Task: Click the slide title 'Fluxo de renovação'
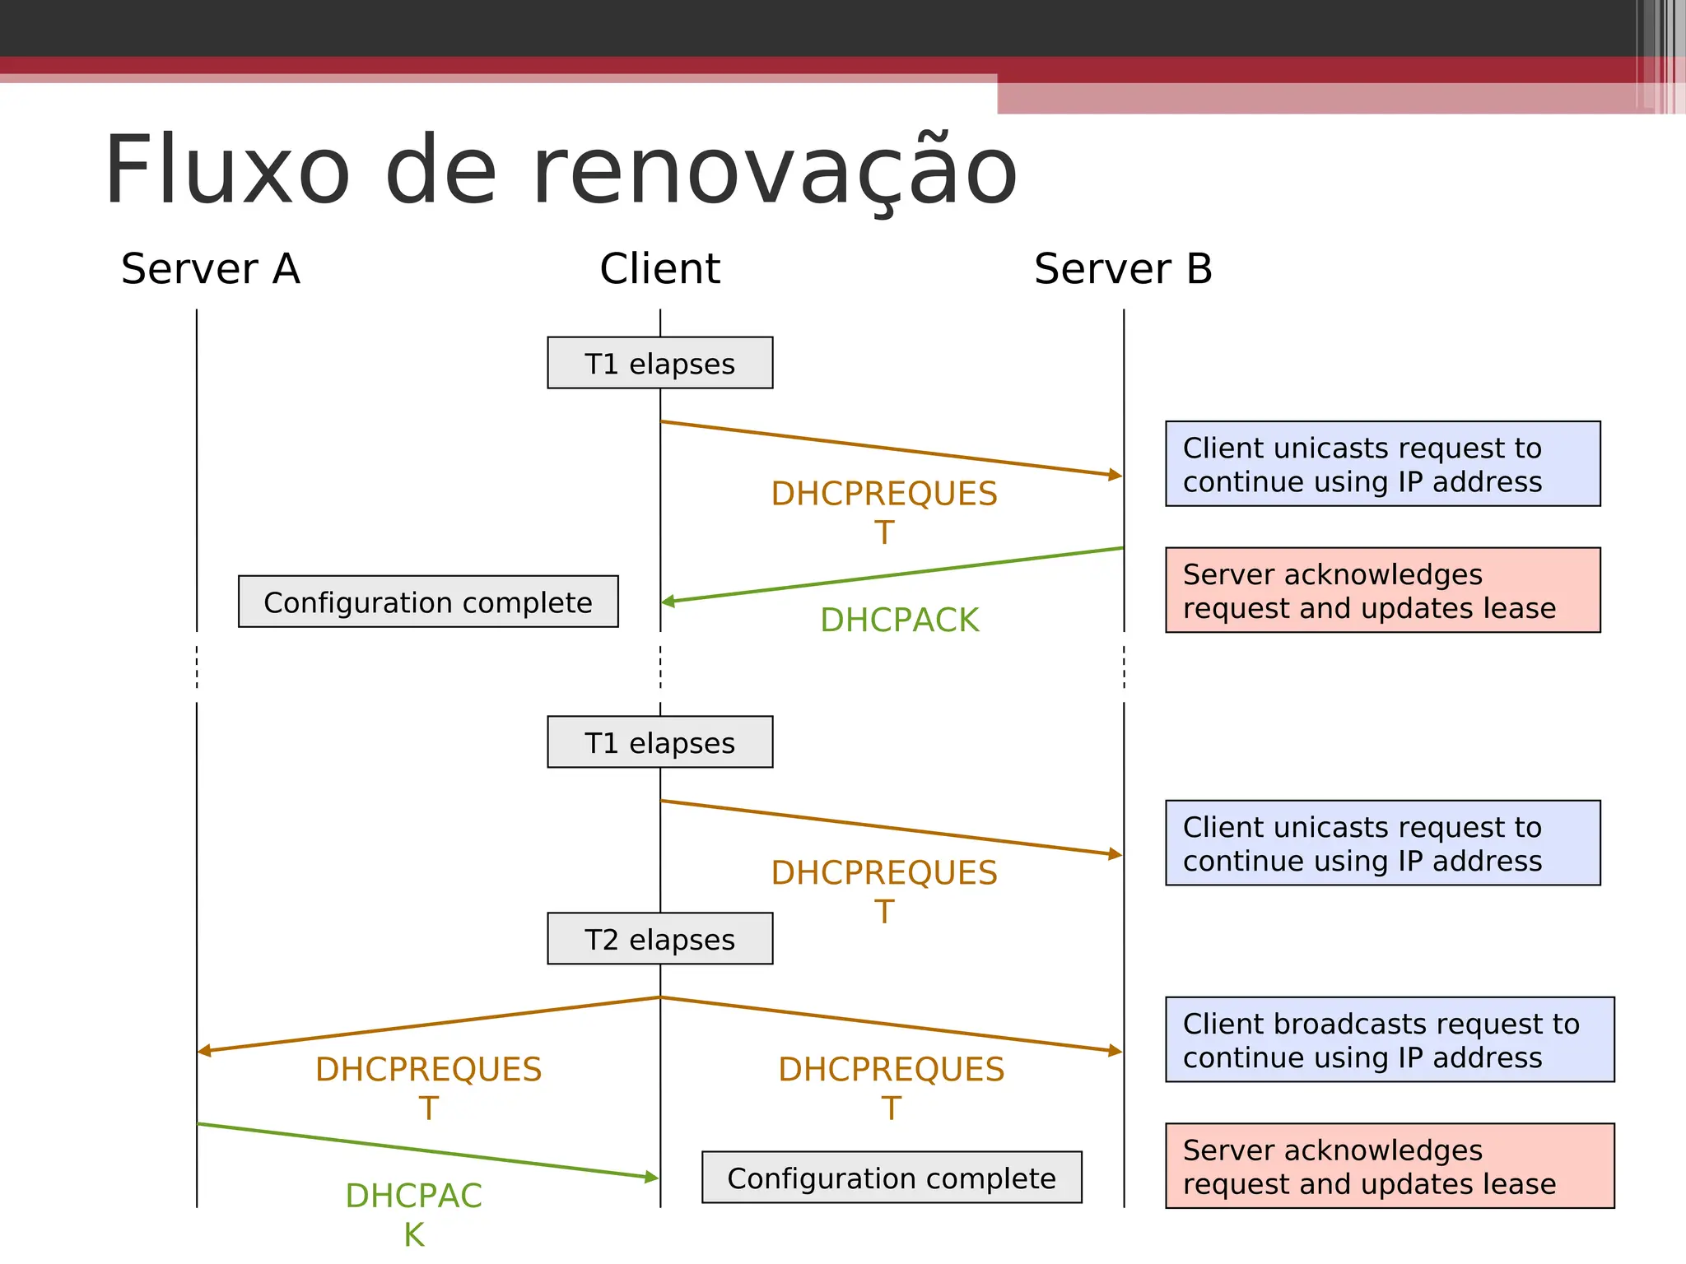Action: tap(561, 171)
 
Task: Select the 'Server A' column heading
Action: tap(211, 269)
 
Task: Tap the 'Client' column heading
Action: tap(659, 269)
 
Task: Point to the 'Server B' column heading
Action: tap(1123, 269)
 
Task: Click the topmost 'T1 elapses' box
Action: tap(659, 363)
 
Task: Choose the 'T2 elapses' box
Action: tap(659, 938)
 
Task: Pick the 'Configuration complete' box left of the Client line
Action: tap(428, 602)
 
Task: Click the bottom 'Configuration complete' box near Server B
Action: tap(892, 1178)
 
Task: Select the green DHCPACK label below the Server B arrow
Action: tap(900, 620)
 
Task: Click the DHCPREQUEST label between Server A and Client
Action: tap(428, 1087)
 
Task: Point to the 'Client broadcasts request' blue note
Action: tap(1390, 1039)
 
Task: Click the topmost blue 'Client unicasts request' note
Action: tap(1382, 464)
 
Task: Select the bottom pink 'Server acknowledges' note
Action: tap(1390, 1166)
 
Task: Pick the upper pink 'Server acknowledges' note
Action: tap(1382, 590)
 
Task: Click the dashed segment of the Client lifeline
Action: tap(660, 667)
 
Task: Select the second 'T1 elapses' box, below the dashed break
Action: tap(659, 742)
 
